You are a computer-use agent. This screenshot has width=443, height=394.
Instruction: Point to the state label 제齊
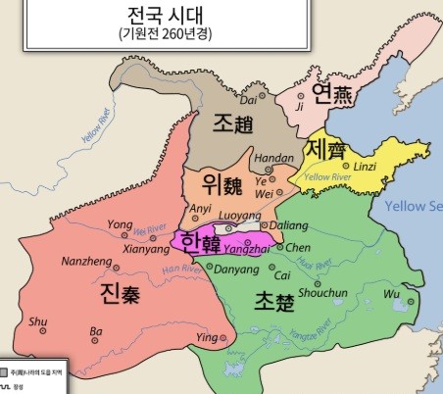click(324, 149)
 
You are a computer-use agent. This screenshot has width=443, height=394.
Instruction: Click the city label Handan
click(273, 158)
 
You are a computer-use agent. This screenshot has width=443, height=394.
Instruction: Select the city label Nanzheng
click(79, 262)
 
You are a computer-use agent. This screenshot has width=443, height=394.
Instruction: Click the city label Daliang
click(287, 224)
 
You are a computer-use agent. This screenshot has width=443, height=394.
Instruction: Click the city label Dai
click(247, 99)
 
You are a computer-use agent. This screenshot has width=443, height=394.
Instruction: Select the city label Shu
click(37, 320)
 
